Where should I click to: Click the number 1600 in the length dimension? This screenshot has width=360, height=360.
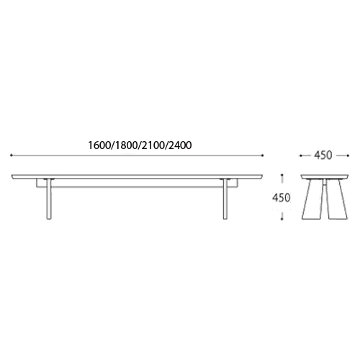[99, 145]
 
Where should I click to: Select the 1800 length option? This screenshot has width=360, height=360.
[126, 145]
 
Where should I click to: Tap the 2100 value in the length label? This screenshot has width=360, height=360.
[153, 145]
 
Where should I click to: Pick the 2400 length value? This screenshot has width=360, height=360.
[180, 145]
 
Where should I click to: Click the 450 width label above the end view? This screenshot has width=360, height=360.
[323, 155]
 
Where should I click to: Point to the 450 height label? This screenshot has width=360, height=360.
[281, 198]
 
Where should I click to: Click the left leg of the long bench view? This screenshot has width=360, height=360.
[49, 199]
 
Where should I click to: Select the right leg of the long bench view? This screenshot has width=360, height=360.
[225, 199]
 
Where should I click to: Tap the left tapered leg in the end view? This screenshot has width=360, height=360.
[312, 199]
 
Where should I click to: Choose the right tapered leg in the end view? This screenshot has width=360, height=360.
[336, 199]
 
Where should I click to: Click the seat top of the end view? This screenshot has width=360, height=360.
[325, 177]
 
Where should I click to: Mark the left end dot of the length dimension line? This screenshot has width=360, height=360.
[12, 156]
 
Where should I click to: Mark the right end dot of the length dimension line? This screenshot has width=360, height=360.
[263, 156]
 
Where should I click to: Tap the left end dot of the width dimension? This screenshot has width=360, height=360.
[300, 156]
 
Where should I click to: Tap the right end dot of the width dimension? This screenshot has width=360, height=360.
[348, 156]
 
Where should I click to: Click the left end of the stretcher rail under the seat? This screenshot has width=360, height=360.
[37, 183]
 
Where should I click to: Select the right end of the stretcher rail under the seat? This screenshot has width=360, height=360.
[238, 183]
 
